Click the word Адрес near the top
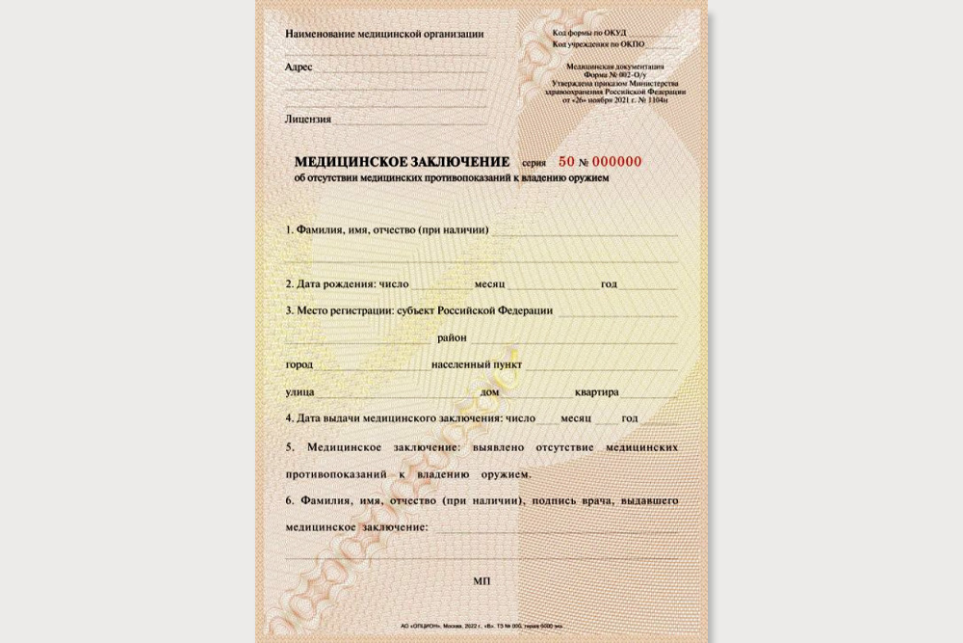299,67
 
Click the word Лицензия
308,120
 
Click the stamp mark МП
482,582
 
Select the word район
452,338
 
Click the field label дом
489,392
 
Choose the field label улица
299,392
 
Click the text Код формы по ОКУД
589,33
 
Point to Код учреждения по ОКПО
599,45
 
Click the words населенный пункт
477,365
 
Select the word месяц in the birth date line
489,284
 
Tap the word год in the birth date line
609,284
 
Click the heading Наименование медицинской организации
384,34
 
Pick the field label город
299,365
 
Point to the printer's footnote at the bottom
481,626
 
